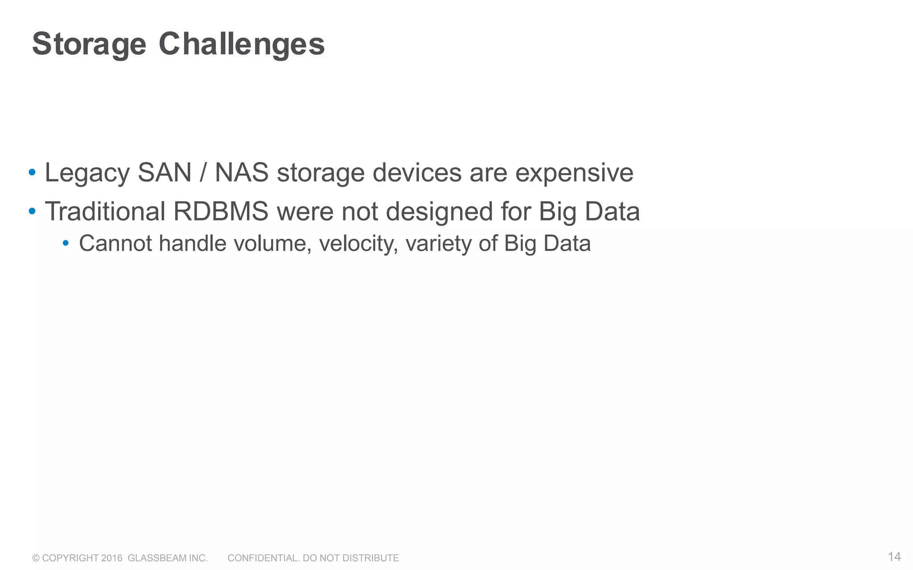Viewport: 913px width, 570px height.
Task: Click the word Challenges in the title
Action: click(242, 45)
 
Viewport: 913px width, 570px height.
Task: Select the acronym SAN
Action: click(165, 173)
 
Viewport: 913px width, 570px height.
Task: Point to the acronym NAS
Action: click(242, 173)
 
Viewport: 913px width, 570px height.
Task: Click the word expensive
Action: click(574, 173)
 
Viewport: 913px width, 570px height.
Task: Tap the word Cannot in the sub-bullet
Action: click(115, 244)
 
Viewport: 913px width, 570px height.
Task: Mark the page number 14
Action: click(894, 557)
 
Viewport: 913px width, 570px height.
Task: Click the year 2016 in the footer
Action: click(111, 558)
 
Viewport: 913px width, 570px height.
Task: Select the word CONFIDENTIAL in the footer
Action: click(263, 558)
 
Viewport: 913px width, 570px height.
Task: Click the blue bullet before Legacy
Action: click(32, 172)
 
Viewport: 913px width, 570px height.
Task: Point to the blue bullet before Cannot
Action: click(66, 243)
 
